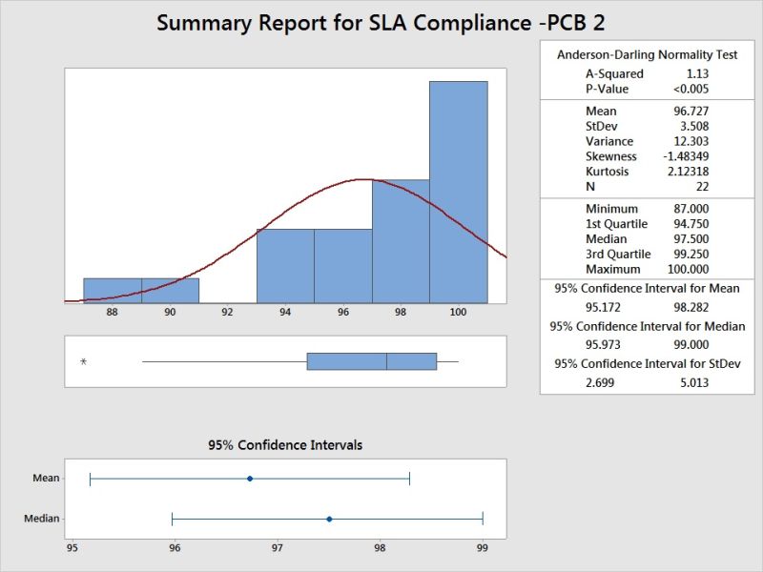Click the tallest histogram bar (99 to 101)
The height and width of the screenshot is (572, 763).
(x=458, y=191)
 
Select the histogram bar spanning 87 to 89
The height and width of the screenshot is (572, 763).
(x=113, y=290)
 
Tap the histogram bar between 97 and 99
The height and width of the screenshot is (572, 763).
(x=401, y=240)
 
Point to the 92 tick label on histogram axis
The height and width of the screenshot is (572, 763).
(x=227, y=311)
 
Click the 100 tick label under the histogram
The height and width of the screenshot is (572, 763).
(x=458, y=311)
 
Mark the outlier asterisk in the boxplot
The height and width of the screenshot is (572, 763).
(x=83, y=362)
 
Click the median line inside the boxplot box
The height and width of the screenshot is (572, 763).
(x=386, y=361)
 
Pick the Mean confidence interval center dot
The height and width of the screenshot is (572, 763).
(x=250, y=479)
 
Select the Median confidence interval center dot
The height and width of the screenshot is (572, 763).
(x=329, y=519)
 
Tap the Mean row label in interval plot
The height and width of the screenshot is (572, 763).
(x=46, y=479)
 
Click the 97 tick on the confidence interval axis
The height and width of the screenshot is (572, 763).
(x=278, y=549)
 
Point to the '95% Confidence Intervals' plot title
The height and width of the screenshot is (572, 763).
(x=285, y=445)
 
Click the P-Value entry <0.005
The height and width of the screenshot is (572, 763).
(x=690, y=89)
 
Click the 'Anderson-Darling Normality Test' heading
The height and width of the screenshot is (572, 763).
(x=647, y=54)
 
